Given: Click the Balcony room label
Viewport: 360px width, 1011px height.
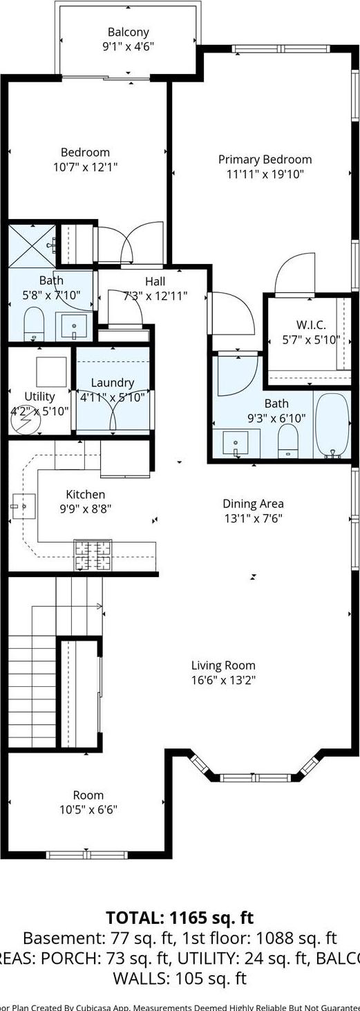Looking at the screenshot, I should pyautogui.click(x=129, y=32).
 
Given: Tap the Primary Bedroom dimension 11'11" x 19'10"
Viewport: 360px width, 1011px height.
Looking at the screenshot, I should pyautogui.click(x=265, y=174).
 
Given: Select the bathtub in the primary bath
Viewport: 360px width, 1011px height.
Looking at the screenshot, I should pyautogui.click(x=333, y=424).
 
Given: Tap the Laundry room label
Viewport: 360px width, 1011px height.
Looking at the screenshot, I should pyautogui.click(x=112, y=383).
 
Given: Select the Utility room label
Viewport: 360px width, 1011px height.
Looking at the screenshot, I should pyautogui.click(x=39, y=397).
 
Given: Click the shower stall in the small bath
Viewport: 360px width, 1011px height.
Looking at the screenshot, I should pyautogui.click(x=30, y=245).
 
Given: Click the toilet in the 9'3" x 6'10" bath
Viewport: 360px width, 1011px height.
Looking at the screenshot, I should pyautogui.click(x=287, y=440).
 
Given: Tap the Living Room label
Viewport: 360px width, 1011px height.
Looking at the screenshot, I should pyautogui.click(x=223, y=665).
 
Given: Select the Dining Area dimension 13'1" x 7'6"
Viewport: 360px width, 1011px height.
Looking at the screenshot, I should pyautogui.click(x=253, y=518).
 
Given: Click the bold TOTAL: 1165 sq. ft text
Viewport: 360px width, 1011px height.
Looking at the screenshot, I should pyautogui.click(x=180, y=918).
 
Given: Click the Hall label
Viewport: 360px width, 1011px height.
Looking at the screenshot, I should pyautogui.click(x=155, y=282).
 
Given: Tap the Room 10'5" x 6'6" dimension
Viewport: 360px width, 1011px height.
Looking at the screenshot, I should pyautogui.click(x=88, y=809).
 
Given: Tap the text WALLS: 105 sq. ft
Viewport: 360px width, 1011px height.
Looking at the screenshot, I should pyautogui.click(x=180, y=978).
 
